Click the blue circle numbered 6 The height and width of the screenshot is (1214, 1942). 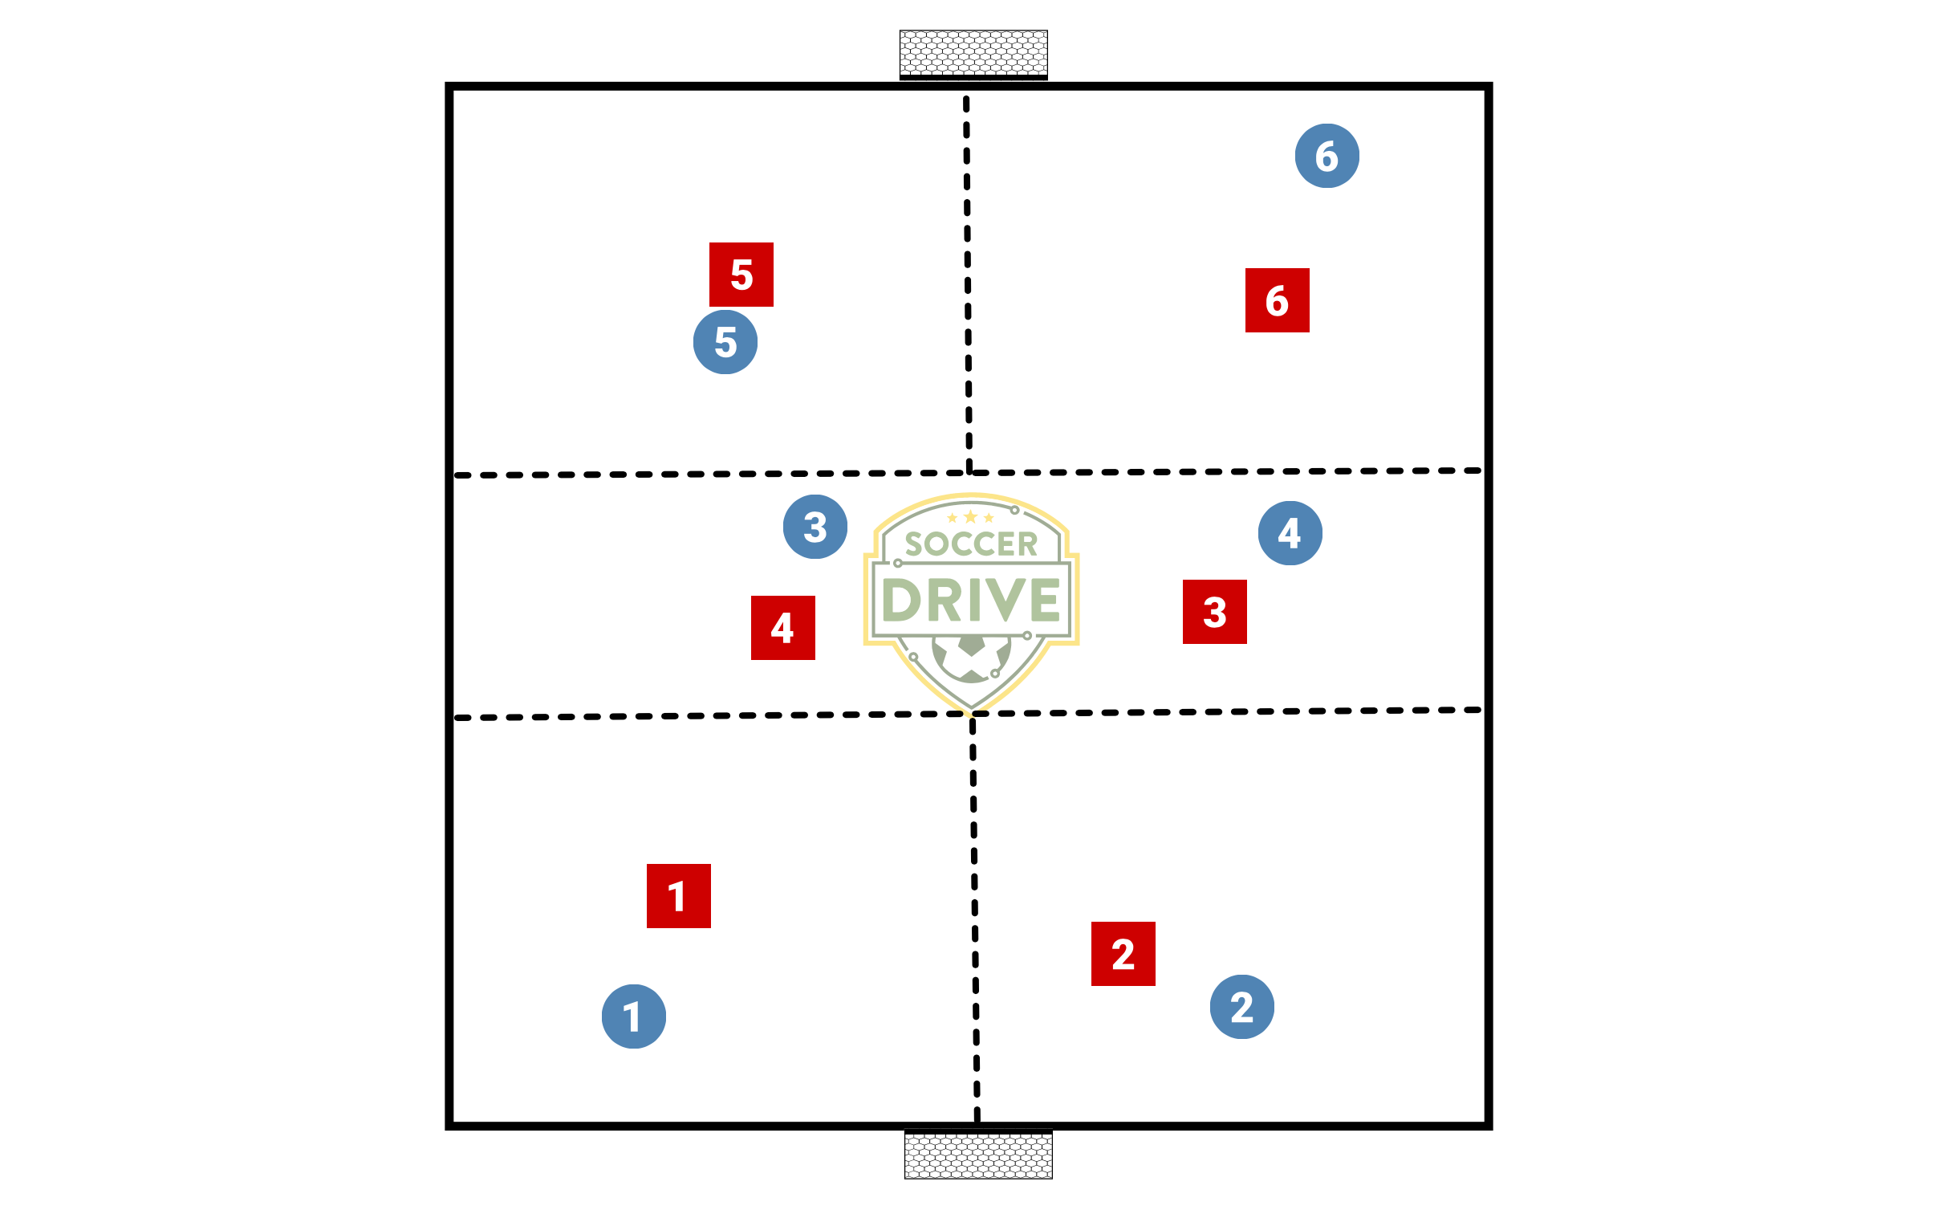(x=1326, y=156)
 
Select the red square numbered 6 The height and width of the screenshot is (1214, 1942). (x=1277, y=300)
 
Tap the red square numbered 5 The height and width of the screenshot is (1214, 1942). (x=741, y=275)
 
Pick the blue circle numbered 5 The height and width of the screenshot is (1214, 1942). (x=725, y=342)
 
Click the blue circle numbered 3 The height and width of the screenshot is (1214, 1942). (x=815, y=527)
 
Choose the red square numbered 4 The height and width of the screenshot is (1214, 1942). (x=782, y=628)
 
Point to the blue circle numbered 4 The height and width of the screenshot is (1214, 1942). (x=1290, y=533)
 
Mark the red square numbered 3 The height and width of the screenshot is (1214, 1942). (x=1214, y=612)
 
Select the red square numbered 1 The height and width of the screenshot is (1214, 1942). (x=678, y=896)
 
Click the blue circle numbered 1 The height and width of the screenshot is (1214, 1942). (x=633, y=1016)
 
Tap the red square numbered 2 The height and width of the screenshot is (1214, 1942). (x=1123, y=954)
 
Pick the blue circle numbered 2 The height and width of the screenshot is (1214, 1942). (x=1241, y=1007)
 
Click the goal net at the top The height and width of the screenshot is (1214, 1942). (x=973, y=53)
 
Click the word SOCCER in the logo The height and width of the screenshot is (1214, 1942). (x=971, y=544)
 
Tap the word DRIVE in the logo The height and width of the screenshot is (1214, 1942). (x=971, y=600)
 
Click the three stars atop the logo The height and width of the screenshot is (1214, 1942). (x=970, y=517)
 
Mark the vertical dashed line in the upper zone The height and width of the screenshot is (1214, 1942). (x=968, y=281)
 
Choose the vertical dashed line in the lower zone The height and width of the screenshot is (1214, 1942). (x=975, y=915)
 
